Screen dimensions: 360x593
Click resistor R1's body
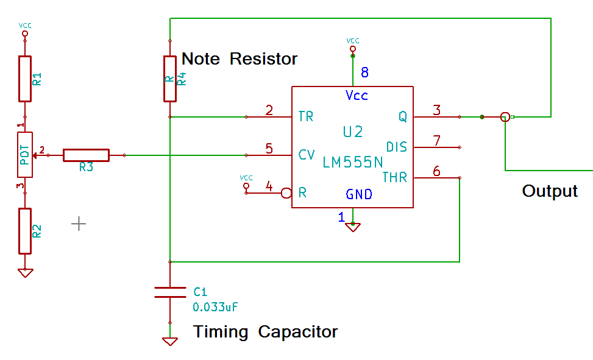(x=24, y=78)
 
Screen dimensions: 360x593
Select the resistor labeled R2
(x=24, y=230)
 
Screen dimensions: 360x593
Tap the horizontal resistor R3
(x=86, y=155)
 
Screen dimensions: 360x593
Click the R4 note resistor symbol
(x=170, y=78)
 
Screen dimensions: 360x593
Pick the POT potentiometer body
(x=24, y=155)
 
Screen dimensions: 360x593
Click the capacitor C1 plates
(x=170, y=292)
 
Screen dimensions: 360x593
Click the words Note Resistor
(x=240, y=58)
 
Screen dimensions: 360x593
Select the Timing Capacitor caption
(x=265, y=332)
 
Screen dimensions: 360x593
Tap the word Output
(x=550, y=191)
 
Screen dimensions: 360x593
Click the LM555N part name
(x=353, y=162)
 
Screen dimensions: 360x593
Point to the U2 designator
(x=353, y=132)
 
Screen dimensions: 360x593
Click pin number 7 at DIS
(x=436, y=141)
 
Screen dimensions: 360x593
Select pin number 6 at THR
(x=436, y=171)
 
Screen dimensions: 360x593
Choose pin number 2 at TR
(x=269, y=110)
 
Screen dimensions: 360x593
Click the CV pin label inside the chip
(x=307, y=155)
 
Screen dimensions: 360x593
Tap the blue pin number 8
(x=364, y=72)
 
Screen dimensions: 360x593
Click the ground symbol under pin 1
(x=352, y=227)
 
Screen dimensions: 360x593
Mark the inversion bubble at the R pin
(x=286, y=193)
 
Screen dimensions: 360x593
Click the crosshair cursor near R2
(x=79, y=224)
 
